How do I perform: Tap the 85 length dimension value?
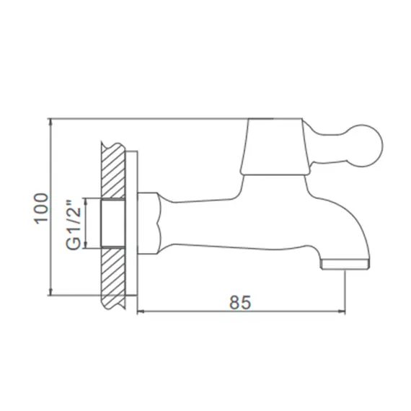(240, 302)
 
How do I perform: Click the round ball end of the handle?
(366, 146)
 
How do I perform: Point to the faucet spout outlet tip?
(345, 265)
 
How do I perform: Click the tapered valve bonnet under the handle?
(275, 147)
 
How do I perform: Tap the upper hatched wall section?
(113, 170)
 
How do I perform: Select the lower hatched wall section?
(113, 278)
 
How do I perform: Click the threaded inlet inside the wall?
(112, 224)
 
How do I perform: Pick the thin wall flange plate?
(131, 224)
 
